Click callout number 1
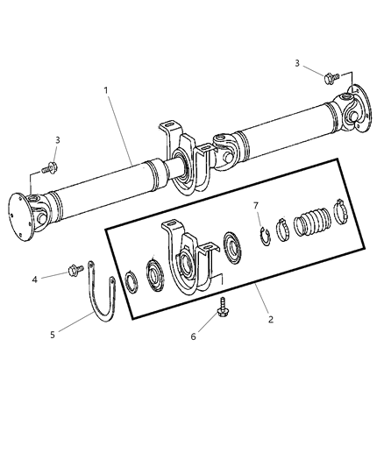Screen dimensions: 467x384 point(107,89)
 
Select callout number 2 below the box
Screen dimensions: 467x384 point(271,320)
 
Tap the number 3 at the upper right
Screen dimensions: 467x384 point(297,63)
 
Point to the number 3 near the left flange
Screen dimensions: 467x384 point(58,139)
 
